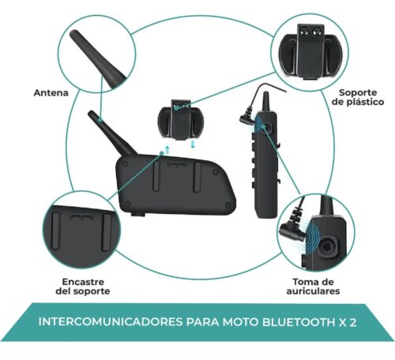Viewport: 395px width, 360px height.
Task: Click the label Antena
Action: tap(51, 93)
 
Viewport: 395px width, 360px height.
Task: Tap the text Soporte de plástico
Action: tap(358, 97)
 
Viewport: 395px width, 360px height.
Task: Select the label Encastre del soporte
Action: tap(83, 287)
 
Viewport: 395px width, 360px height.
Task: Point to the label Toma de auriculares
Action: tap(313, 287)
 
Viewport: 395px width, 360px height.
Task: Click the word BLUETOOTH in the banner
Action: tap(298, 322)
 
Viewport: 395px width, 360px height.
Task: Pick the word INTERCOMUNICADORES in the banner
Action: tap(111, 322)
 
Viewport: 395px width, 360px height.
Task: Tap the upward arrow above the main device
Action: tap(167, 150)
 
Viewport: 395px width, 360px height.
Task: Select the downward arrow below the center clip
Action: tap(193, 144)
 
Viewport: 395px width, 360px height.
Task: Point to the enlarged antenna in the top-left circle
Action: tap(96, 58)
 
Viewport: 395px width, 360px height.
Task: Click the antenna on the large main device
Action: tap(111, 133)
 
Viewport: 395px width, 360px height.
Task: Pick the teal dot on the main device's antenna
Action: tap(100, 120)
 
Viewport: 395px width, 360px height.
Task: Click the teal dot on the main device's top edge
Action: tap(162, 152)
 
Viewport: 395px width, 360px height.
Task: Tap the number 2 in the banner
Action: tap(353, 322)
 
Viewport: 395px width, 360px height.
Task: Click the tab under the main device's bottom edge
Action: tap(137, 214)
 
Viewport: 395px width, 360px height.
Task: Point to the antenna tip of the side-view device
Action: tap(266, 93)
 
